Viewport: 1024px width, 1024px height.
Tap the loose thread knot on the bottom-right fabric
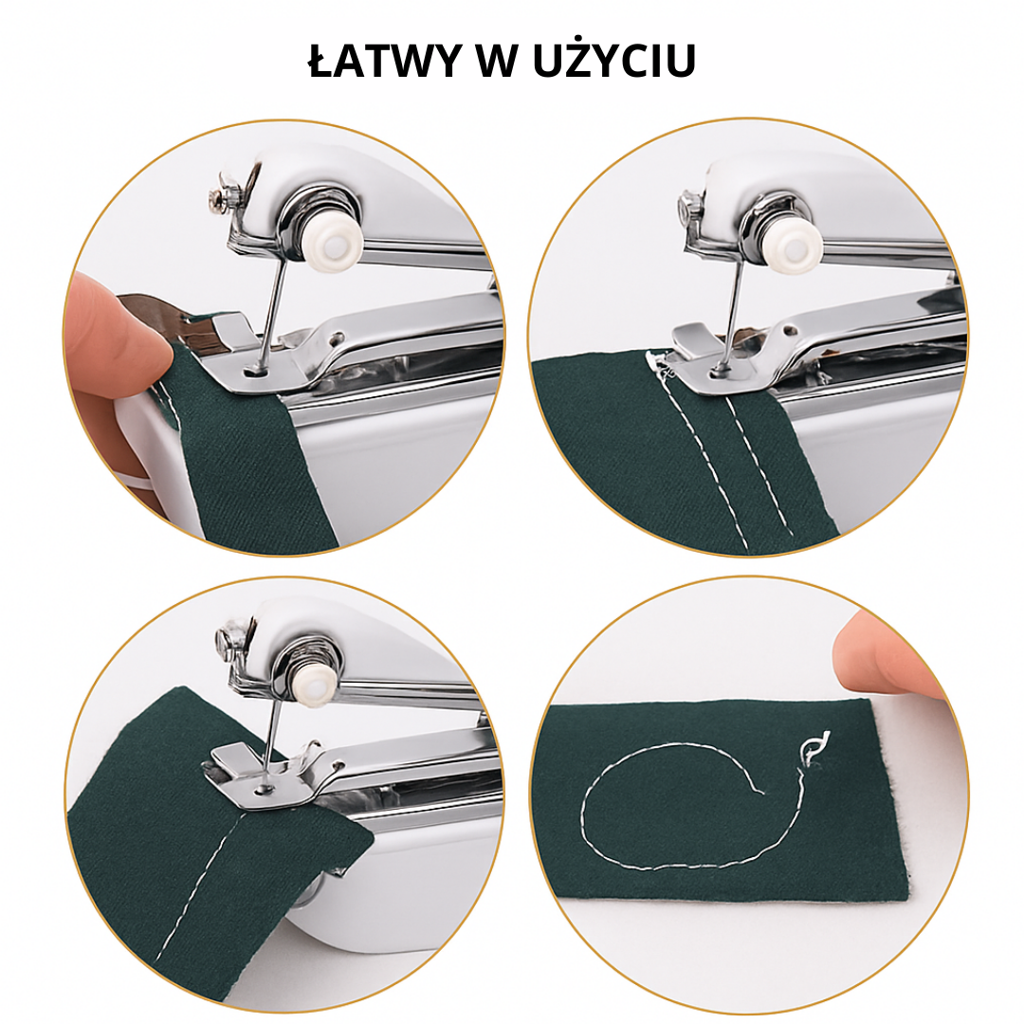813,749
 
